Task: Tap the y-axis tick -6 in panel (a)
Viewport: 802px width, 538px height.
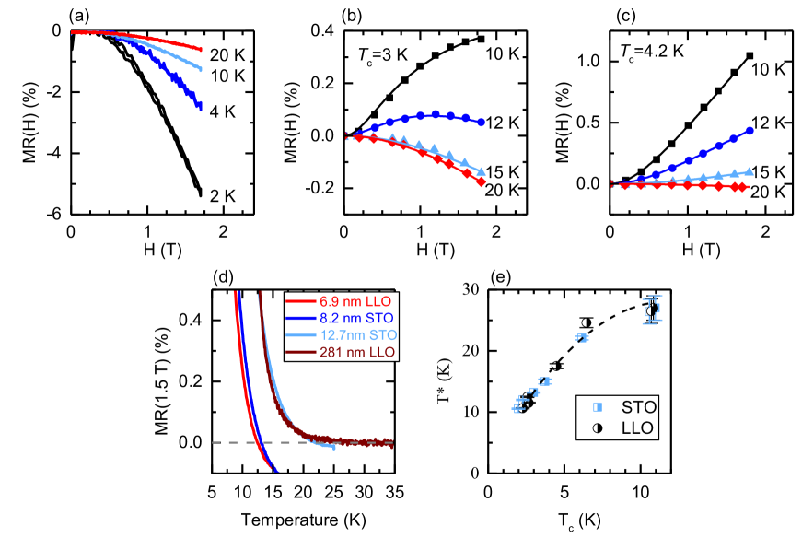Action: pyautogui.click(x=54, y=214)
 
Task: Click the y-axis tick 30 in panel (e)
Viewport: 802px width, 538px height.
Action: pyautogui.click(x=471, y=290)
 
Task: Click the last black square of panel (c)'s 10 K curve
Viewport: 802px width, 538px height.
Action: pyautogui.click(x=749, y=56)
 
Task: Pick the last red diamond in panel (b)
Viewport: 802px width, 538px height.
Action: pyautogui.click(x=481, y=181)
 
